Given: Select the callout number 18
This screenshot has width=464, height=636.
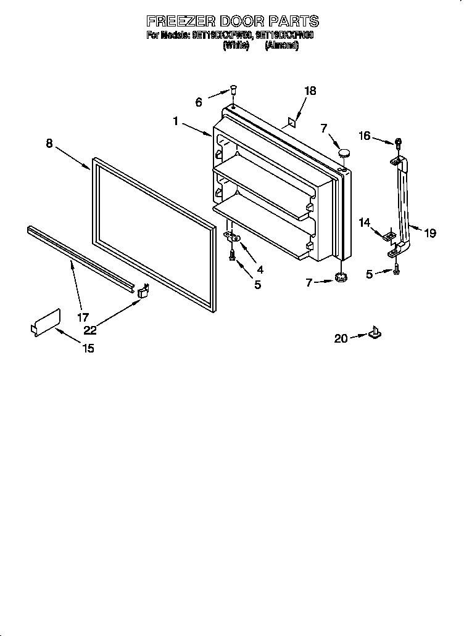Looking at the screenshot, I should pyautogui.click(x=310, y=91).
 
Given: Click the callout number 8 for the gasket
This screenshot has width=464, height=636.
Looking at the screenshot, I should pyautogui.click(x=49, y=144).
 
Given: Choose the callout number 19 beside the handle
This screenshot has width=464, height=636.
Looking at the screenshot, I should pyautogui.click(x=430, y=233).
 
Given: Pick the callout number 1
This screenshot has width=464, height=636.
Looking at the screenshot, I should pyautogui.click(x=176, y=122).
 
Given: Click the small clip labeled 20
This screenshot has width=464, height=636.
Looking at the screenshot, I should pyautogui.click(x=375, y=333).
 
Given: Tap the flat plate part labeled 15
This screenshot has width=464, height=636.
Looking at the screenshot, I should pyautogui.click(x=46, y=322).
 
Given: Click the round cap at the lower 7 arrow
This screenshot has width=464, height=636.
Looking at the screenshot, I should pyautogui.click(x=340, y=278).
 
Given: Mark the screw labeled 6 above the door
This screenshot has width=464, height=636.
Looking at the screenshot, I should pyautogui.click(x=234, y=90).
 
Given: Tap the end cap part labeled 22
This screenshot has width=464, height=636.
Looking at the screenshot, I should pyautogui.click(x=144, y=290).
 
